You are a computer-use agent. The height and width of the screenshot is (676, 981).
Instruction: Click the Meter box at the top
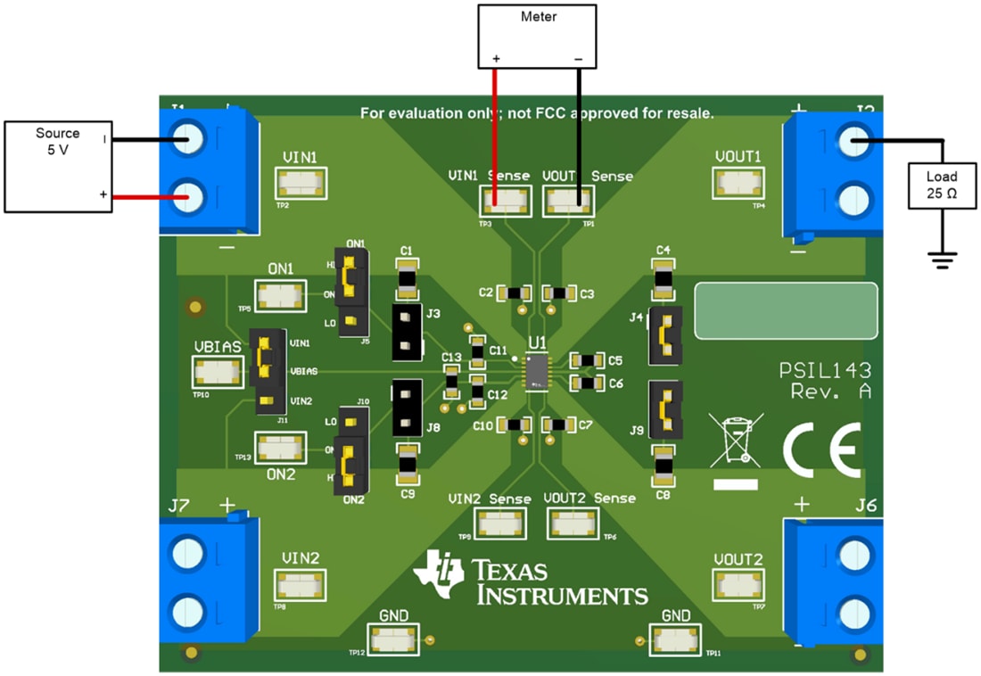click(537, 36)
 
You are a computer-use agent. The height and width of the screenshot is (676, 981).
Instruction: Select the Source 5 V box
click(58, 167)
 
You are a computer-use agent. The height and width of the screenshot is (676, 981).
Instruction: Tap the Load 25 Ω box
click(942, 185)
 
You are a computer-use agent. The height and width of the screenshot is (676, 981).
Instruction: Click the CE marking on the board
click(821, 448)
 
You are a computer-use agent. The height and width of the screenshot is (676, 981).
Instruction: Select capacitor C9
click(408, 463)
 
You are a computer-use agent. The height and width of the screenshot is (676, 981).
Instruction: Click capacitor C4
click(663, 279)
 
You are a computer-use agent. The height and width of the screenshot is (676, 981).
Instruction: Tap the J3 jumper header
click(407, 331)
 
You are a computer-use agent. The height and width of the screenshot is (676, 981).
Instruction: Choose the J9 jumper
click(665, 410)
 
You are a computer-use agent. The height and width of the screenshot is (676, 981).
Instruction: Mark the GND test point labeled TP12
click(393, 639)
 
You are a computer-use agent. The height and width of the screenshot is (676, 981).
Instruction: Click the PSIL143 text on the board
click(825, 371)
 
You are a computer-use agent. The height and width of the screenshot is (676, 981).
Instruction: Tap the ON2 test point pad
click(280, 447)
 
